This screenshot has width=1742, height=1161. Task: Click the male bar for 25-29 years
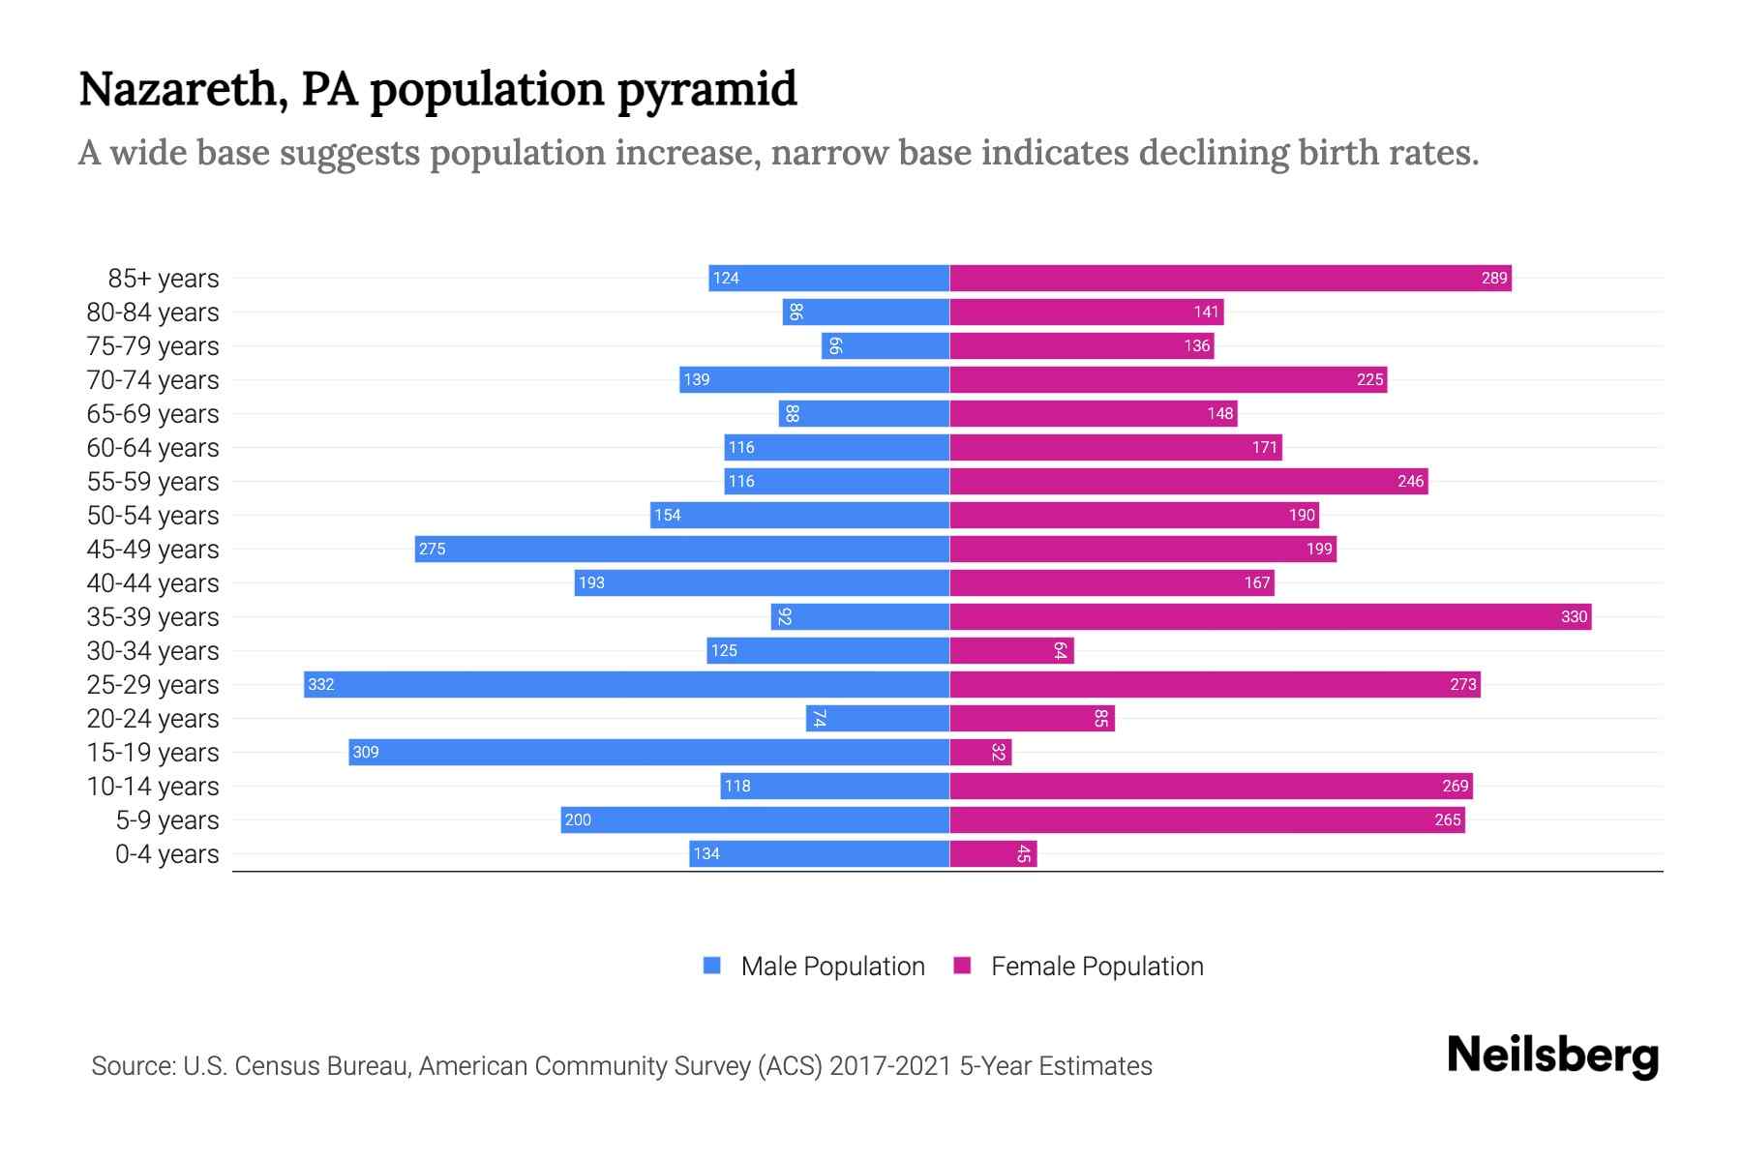626,684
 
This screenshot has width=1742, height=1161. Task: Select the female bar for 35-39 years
1270,616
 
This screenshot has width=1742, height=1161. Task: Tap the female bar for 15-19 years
979,752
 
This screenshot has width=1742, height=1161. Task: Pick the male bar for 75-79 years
886,345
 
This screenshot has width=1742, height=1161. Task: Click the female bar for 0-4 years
992,853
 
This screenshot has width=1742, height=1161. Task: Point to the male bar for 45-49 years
682,549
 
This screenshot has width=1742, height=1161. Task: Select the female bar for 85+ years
1229,278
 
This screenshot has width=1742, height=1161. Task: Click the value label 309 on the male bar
366,752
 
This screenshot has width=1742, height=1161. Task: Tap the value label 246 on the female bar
1410,481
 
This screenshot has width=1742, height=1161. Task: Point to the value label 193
591,582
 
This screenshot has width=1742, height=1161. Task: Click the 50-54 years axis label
153,515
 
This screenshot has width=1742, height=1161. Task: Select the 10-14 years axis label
153,786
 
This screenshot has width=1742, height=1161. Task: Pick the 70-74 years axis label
153,379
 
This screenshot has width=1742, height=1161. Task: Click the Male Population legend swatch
712,966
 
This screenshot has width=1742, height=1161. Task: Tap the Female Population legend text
1096,966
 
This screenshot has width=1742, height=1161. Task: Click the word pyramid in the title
706,90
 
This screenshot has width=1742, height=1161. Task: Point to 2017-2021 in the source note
889,1065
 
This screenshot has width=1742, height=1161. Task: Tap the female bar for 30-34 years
1011,650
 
